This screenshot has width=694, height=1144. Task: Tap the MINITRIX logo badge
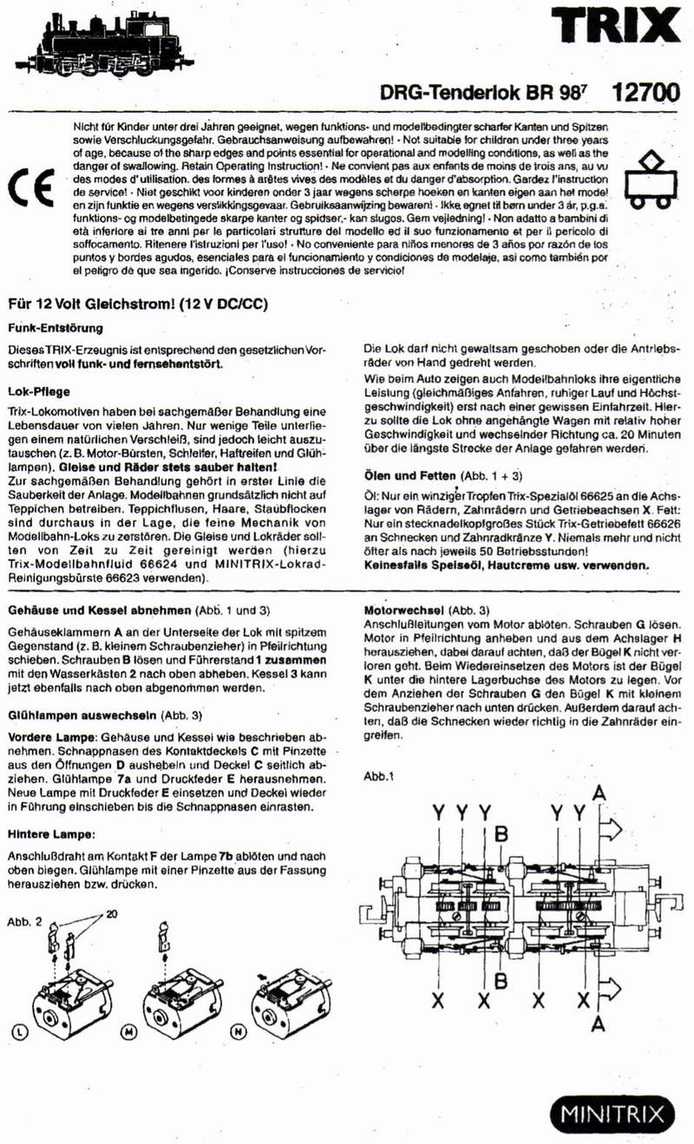(612, 1114)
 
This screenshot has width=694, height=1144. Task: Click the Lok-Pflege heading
(38, 392)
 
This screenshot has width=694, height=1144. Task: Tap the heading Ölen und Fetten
(409, 476)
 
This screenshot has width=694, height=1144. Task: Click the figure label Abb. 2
(24, 921)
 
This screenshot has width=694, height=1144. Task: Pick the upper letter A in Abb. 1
(598, 793)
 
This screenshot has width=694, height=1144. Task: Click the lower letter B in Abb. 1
(501, 980)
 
